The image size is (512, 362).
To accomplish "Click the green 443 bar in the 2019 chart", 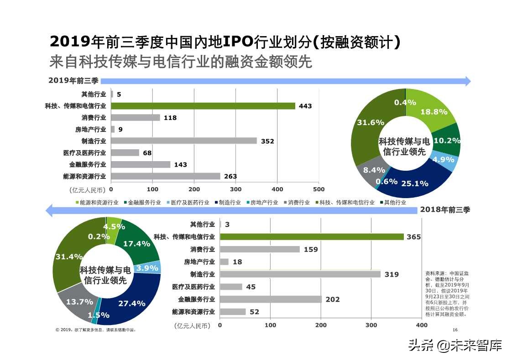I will (203, 106).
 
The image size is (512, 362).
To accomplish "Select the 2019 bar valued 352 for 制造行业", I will (183, 141).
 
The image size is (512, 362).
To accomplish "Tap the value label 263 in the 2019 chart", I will (230, 176).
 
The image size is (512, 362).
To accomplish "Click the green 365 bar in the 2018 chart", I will (312, 237).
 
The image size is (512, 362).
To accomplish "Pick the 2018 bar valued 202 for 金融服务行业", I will (271, 299).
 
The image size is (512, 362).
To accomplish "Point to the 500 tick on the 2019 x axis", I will (319, 189).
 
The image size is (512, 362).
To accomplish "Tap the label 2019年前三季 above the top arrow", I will (73, 81).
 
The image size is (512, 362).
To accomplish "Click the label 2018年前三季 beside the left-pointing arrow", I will (445, 210).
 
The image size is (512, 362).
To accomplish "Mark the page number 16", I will (455, 330).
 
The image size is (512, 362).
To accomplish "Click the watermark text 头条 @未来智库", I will (455, 346).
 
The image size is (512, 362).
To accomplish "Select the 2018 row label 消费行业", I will (203, 249).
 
